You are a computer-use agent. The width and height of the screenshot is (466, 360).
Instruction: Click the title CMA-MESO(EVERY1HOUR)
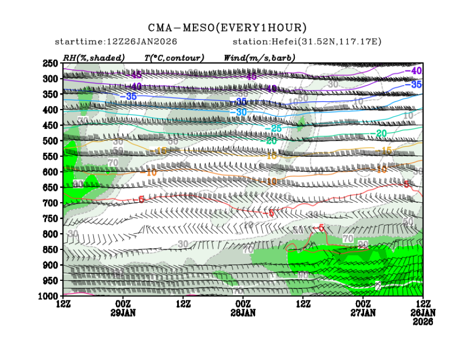click(x=228, y=28)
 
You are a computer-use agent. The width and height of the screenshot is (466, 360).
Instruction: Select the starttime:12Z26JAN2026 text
click(x=116, y=42)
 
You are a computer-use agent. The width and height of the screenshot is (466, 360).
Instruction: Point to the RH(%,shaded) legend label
click(x=93, y=57)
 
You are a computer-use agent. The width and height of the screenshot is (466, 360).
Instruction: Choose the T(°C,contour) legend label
click(x=173, y=57)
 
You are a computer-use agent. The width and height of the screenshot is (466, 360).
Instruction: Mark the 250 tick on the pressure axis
click(x=53, y=63)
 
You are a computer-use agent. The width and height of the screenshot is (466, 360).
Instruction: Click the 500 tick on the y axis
click(x=53, y=141)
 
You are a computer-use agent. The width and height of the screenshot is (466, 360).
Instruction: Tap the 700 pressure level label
click(x=53, y=203)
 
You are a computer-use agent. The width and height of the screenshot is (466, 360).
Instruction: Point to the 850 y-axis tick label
click(x=53, y=250)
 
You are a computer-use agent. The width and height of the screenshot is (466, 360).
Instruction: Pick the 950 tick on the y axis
click(x=53, y=281)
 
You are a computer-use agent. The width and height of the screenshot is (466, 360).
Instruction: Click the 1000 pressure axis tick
click(x=50, y=296)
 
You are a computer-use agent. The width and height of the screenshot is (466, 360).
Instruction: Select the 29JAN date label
click(x=123, y=313)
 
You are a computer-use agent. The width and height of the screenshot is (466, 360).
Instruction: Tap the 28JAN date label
click(x=243, y=313)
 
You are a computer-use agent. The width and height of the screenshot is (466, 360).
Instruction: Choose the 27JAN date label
click(x=363, y=313)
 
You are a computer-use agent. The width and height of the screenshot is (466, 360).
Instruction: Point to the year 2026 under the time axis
click(x=422, y=321)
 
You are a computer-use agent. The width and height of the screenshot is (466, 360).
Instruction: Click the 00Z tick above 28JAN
click(x=243, y=305)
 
